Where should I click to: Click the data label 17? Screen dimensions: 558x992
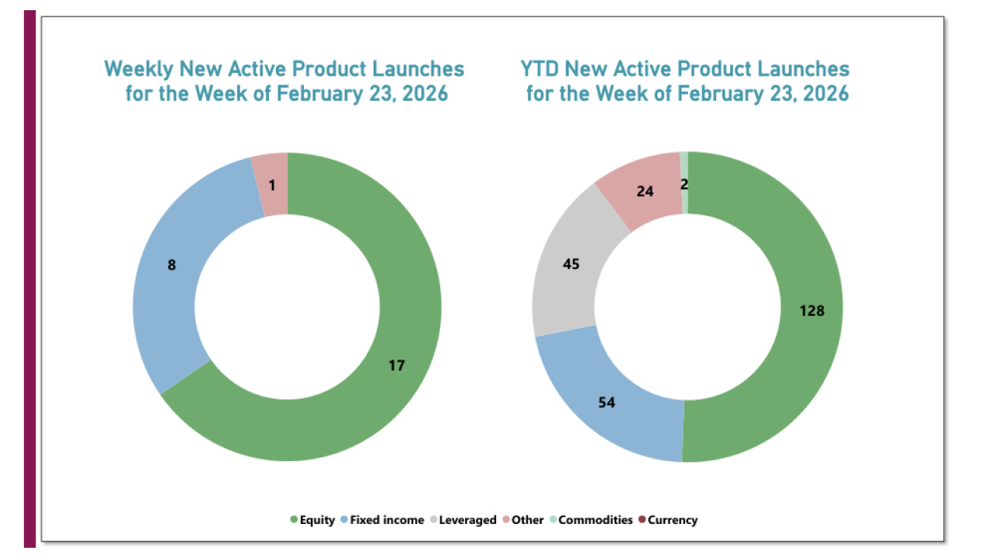(397, 365)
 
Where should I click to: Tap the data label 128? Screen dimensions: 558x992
(811, 311)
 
